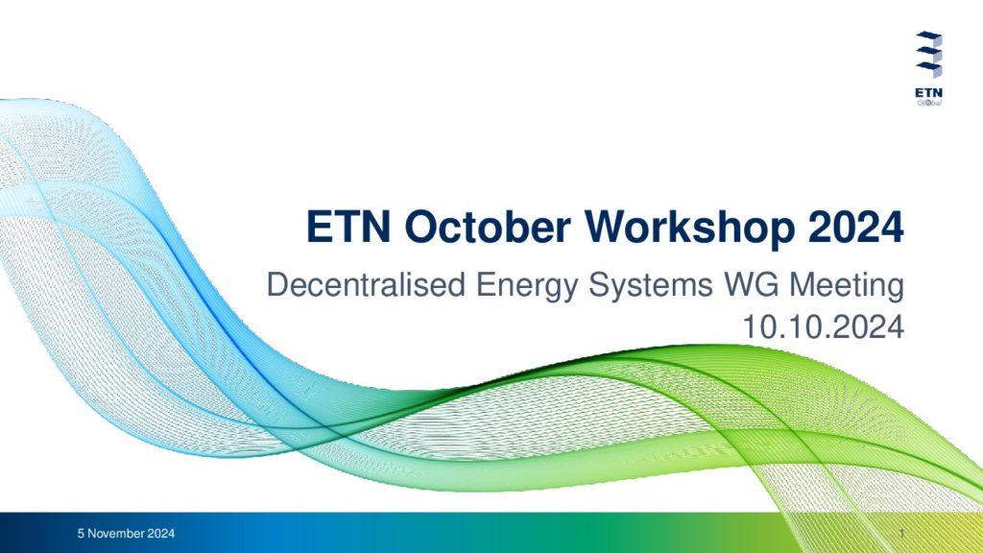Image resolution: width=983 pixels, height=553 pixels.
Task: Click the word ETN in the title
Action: (348, 227)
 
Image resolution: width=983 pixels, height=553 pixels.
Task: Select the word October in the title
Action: (488, 227)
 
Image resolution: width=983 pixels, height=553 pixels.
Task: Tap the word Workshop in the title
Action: (690, 227)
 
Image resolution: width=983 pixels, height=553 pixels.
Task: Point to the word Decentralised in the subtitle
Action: (366, 284)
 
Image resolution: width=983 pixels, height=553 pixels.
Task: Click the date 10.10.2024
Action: (823, 327)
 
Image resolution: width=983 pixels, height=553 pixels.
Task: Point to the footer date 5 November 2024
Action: (126, 534)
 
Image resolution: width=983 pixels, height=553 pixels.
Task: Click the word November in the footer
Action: (116, 534)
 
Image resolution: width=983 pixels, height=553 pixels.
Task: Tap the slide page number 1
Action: (901, 534)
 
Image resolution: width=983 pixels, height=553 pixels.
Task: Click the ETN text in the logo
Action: (928, 93)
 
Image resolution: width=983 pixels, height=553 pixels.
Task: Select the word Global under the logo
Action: (929, 103)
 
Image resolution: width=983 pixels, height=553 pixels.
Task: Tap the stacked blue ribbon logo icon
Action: (928, 55)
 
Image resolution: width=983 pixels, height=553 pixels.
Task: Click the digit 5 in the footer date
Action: (81, 534)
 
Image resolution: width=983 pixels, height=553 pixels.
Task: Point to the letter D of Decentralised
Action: (277, 284)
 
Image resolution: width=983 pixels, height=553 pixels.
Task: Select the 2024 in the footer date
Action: (161, 534)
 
